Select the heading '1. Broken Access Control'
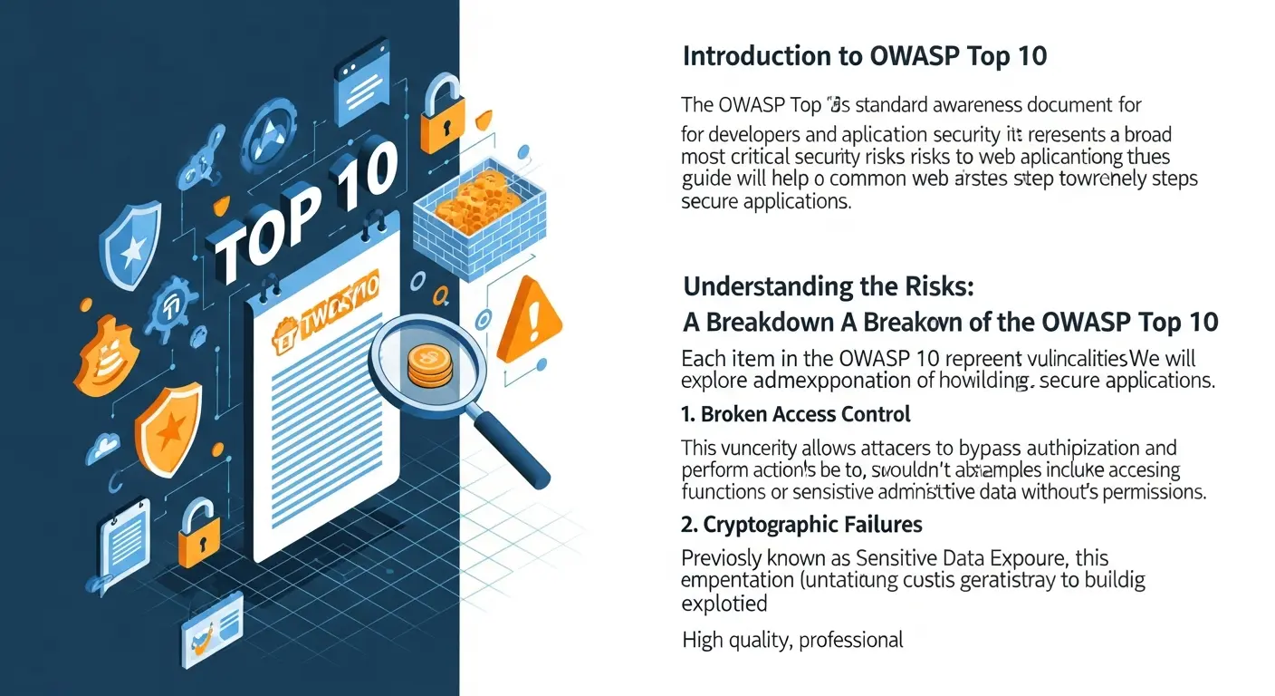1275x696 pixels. point(795,414)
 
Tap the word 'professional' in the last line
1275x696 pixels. point(851,641)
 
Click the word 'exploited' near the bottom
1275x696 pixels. point(724,603)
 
